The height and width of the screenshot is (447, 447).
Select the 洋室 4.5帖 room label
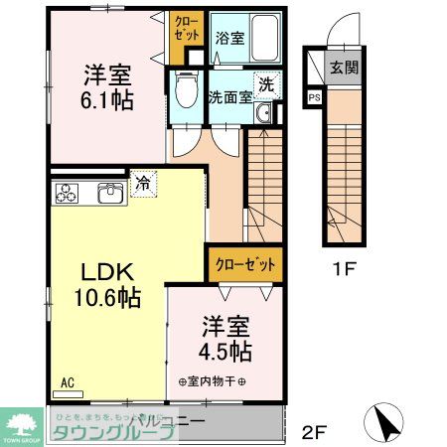point(227,339)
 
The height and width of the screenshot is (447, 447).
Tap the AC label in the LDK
point(68,381)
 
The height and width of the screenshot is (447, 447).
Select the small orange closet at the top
point(186,27)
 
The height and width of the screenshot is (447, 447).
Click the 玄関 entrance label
point(344,68)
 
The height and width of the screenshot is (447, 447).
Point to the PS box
point(315,97)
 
